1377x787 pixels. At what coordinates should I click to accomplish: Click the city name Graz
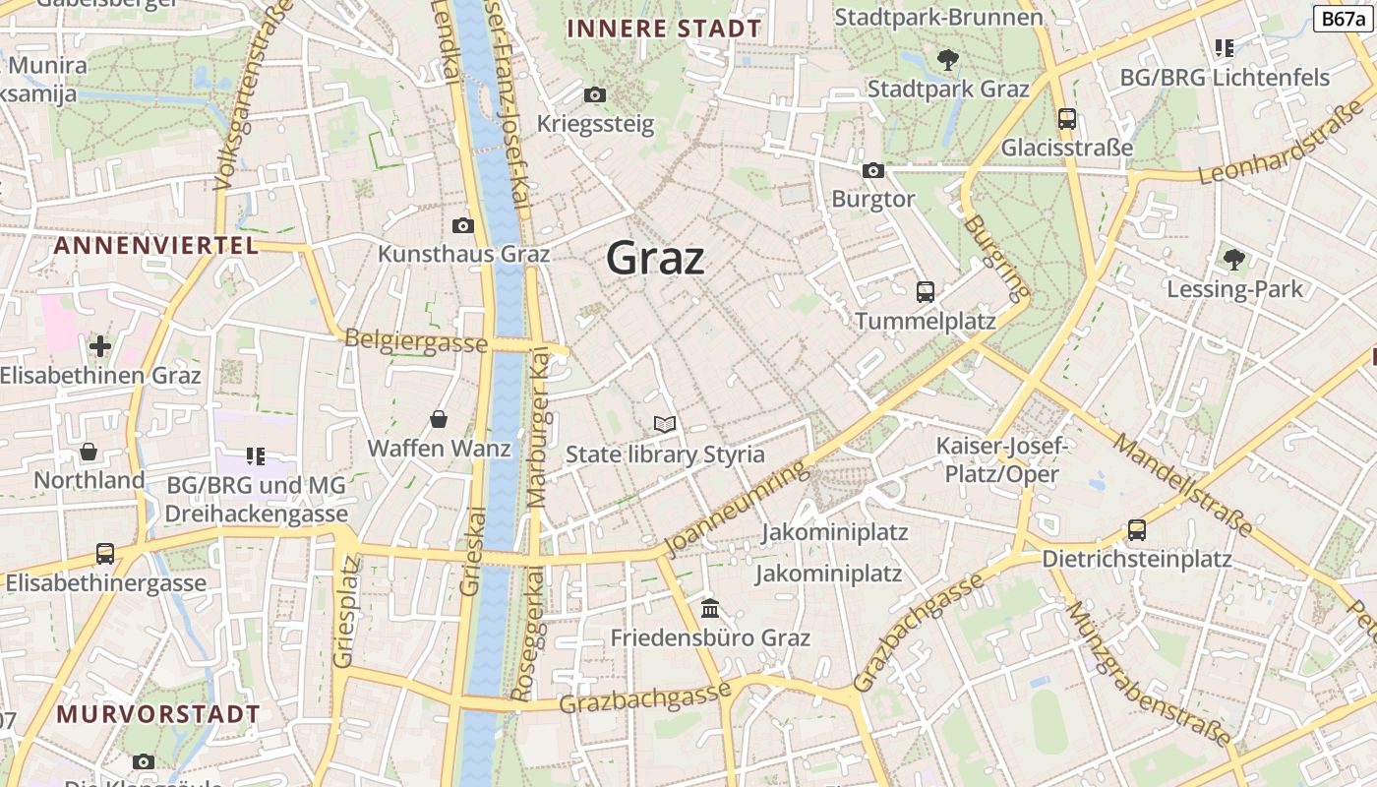(x=655, y=259)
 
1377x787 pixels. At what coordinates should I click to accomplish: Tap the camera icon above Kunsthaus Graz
(x=463, y=225)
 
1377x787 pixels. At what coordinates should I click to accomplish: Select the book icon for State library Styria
(x=665, y=425)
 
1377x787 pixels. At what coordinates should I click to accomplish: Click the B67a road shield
(x=1343, y=19)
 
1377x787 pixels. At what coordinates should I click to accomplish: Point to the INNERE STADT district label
(x=665, y=29)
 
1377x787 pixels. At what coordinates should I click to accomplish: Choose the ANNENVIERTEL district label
(x=156, y=245)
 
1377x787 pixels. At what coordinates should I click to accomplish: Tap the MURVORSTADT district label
(x=158, y=713)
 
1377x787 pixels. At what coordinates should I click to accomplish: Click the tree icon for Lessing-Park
(x=1234, y=260)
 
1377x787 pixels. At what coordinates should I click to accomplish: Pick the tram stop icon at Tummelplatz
(x=925, y=292)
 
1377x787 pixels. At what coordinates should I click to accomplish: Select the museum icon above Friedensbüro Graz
(x=710, y=609)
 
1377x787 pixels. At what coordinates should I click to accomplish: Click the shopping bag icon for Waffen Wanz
(x=439, y=420)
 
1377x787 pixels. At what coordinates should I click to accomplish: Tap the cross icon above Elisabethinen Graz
(x=99, y=346)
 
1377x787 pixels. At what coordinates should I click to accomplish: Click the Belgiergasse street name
(x=415, y=341)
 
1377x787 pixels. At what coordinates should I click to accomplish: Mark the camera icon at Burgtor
(x=872, y=171)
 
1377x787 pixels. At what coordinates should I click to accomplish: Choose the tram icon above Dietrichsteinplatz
(x=1137, y=530)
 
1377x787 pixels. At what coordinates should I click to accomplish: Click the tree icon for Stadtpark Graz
(x=948, y=60)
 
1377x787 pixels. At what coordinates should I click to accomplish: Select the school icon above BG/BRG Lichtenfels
(x=1225, y=47)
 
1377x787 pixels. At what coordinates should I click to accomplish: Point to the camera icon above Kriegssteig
(x=595, y=95)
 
